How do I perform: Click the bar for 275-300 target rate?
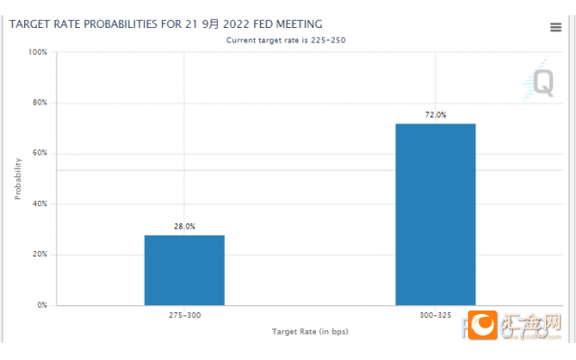coord(184,270)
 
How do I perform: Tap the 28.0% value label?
coord(184,227)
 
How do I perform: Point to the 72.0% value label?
coord(435,115)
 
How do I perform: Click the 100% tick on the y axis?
coord(38,52)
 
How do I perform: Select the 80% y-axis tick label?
coord(40,103)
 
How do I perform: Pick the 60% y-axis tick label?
coord(40,153)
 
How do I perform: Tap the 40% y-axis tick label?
coord(40,204)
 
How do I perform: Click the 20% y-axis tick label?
coord(40,255)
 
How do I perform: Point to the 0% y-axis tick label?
coord(42,305)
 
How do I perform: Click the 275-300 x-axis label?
coord(184,316)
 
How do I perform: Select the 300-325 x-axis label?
coord(435,316)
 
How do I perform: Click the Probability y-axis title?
coord(18,178)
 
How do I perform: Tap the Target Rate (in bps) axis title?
coord(310,332)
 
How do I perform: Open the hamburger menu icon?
coord(555,27)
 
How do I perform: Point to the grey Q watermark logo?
coord(543,83)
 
